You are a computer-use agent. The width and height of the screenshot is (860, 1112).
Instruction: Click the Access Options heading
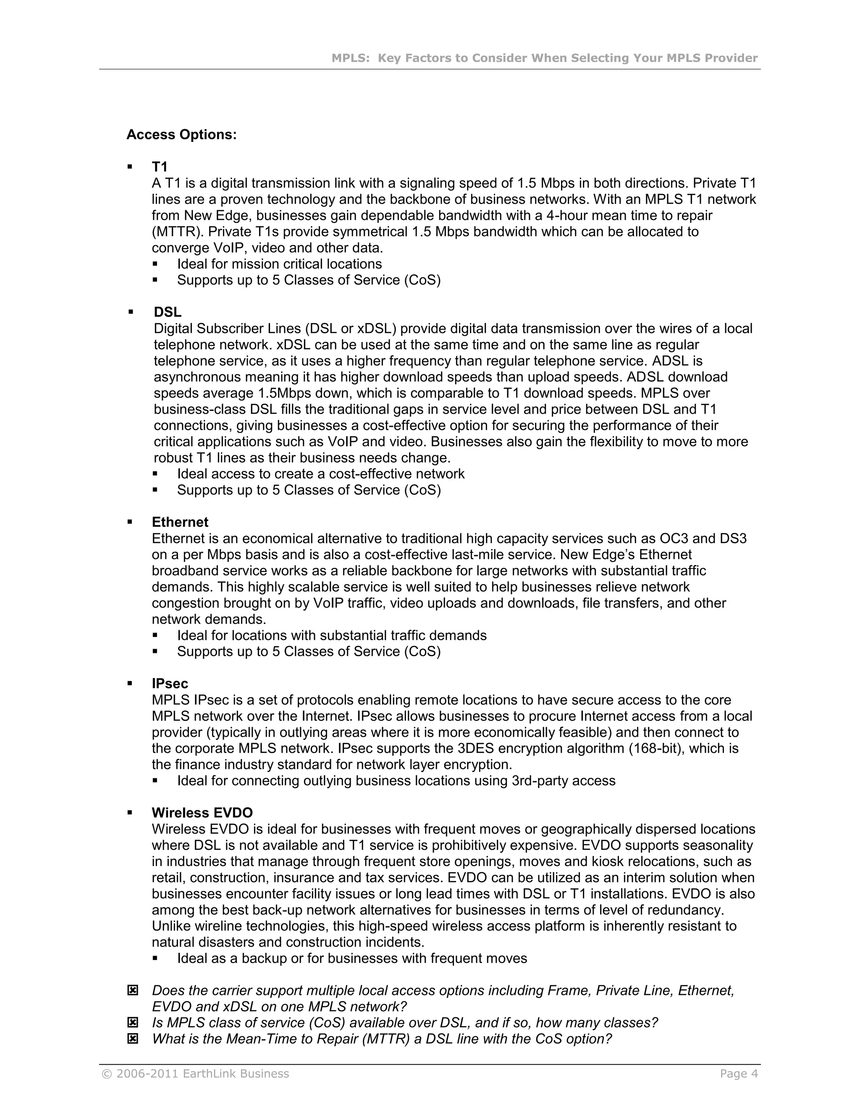click(x=181, y=135)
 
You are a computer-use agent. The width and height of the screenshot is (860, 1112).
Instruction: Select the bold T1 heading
click(x=160, y=167)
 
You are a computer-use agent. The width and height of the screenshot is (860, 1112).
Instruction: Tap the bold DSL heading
click(x=168, y=312)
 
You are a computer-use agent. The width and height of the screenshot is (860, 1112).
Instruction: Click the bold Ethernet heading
click(x=180, y=522)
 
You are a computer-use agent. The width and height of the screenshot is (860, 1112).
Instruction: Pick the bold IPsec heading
click(x=170, y=684)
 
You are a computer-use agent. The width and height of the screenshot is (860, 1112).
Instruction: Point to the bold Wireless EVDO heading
click(x=202, y=813)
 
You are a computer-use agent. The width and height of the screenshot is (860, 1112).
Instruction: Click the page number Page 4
click(x=739, y=1074)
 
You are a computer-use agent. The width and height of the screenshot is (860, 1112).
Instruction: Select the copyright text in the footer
click(x=196, y=1074)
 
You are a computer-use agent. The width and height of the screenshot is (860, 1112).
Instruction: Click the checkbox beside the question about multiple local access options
click(x=132, y=990)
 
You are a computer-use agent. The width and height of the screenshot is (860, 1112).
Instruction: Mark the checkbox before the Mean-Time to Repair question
click(x=132, y=1039)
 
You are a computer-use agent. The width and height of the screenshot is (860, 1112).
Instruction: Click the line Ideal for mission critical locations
click(x=279, y=264)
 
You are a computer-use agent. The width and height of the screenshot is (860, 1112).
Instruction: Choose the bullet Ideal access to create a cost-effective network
click(x=320, y=474)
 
